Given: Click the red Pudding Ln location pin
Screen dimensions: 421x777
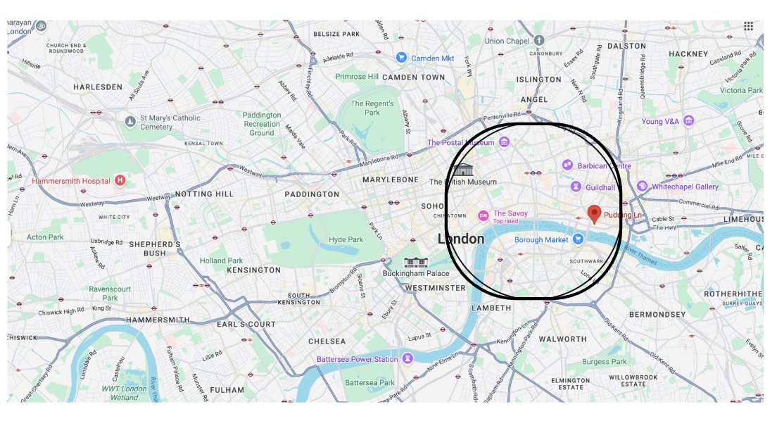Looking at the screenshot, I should pyautogui.click(x=594, y=213).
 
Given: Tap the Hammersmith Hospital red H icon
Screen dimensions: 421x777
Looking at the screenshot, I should pyautogui.click(x=120, y=181).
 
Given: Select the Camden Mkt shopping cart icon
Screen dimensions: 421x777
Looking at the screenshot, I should pyautogui.click(x=401, y=58).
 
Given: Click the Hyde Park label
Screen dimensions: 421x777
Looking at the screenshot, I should pyautogui.click(x=346, y=240).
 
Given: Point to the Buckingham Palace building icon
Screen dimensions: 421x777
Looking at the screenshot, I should pyautogui.click(x=415, y=262).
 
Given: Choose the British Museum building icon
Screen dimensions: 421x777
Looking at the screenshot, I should pyautogui.click(x=463, y=170).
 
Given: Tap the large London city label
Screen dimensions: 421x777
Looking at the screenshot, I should pyautogui.click(x=461, y=239).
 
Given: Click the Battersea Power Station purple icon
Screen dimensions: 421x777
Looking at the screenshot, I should pyautogui.click(x=407, y=359).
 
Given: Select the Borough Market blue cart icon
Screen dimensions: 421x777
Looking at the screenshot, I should pyautogui.click(x=578, y=239).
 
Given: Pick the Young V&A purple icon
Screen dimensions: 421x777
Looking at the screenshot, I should pyautogui.click(x=688, y=121).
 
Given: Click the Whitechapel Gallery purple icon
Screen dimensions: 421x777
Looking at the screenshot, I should pyautogui.click(x=642, y=186).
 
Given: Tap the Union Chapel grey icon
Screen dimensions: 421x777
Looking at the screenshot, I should pyautogui.click(x=539, y=40).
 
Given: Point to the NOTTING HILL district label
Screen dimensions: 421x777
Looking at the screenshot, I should pyautogui.click(x=203, y=194).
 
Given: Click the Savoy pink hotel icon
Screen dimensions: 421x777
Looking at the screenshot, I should pyautogui.click(x=483, y=215).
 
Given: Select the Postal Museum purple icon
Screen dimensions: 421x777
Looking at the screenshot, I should pyautogui.click(x=504, y=143).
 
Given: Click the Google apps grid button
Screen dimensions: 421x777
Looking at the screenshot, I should pyautogui.click(x=748, y=26).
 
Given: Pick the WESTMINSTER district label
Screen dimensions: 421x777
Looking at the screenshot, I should pyautogui.click(x=435, y=288).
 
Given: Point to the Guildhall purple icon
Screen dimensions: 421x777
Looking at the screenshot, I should pyautogui.click(x=576, y=187).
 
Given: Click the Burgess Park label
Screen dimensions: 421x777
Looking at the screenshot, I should pyautogui.click(x=604, y=362).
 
